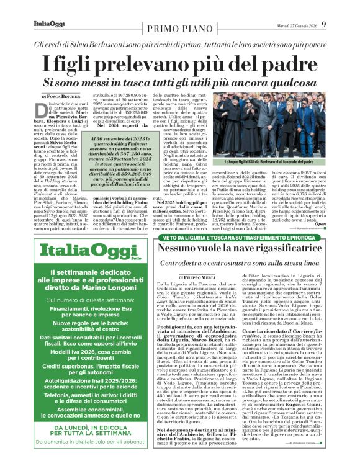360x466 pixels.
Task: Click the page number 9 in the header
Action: (349, 7)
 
